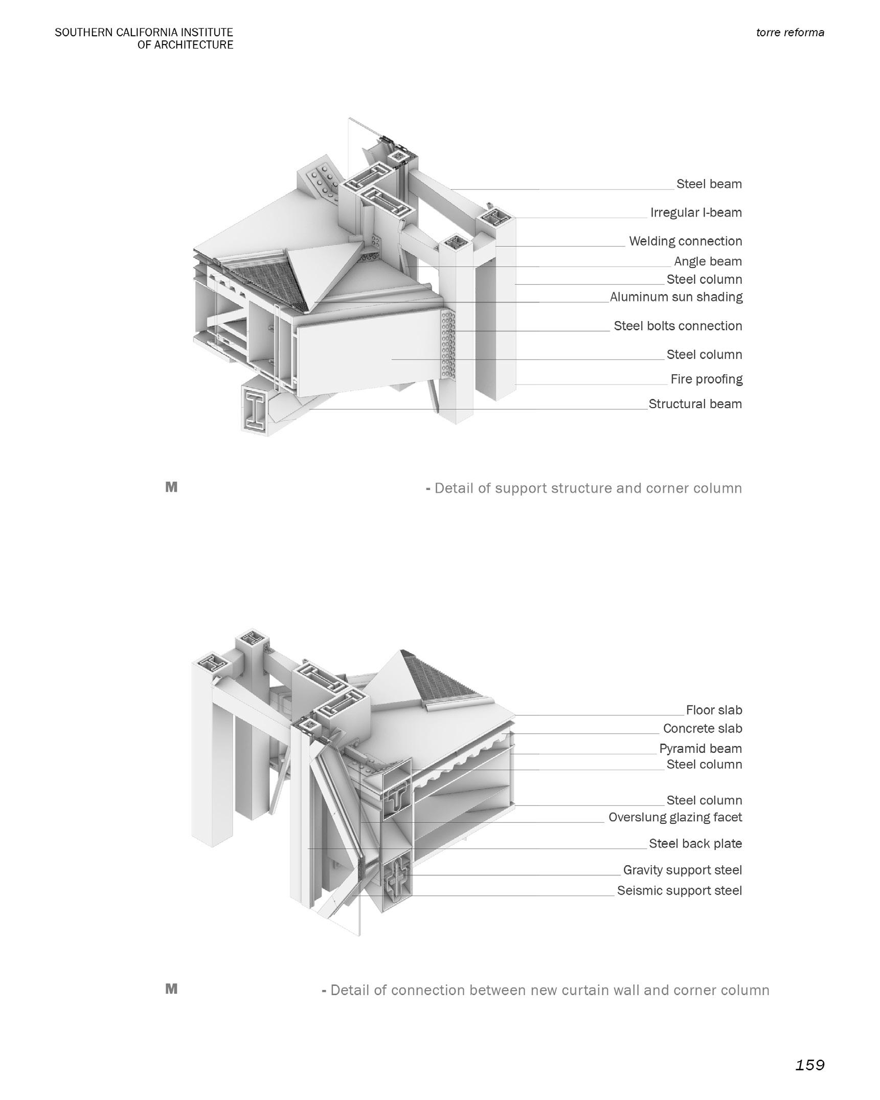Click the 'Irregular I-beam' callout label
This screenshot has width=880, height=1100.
(695, 212)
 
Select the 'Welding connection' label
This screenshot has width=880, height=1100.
(685, 241)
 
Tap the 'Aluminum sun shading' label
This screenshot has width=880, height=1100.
(676, 297)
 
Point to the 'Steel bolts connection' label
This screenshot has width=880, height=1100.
(678, 326)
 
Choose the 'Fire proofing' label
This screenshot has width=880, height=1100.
(706, 379)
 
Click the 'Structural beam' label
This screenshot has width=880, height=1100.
(695, 404)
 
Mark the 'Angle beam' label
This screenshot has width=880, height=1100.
(708, 261)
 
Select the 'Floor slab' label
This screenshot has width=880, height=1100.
(714, 710)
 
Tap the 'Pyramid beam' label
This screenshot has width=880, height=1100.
(700, 749)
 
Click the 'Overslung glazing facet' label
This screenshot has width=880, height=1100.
(675, 817)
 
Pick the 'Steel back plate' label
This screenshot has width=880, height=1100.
(695, 844)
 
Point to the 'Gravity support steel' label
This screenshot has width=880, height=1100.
(682, 870)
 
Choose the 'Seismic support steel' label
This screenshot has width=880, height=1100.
(679, 890)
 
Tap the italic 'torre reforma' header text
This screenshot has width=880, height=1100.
(789, 33)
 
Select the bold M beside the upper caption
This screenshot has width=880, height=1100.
(171, 487)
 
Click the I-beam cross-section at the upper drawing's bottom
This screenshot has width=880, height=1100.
(255, 410)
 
